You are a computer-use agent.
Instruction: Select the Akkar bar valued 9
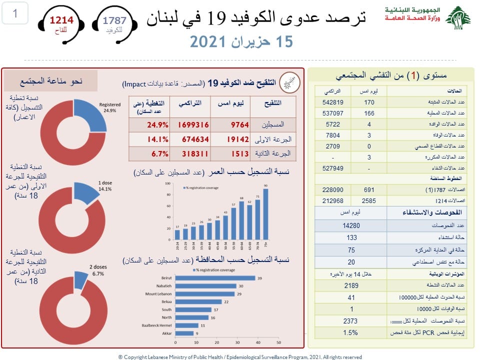(x=184, y=333)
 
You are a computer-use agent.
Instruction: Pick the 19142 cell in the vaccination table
(x=234, y=139)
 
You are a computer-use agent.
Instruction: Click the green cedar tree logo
(x=458, y=18)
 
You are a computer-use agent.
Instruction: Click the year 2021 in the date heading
(x=209, y=42)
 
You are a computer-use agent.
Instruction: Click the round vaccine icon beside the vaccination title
(x=289, y=81)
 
